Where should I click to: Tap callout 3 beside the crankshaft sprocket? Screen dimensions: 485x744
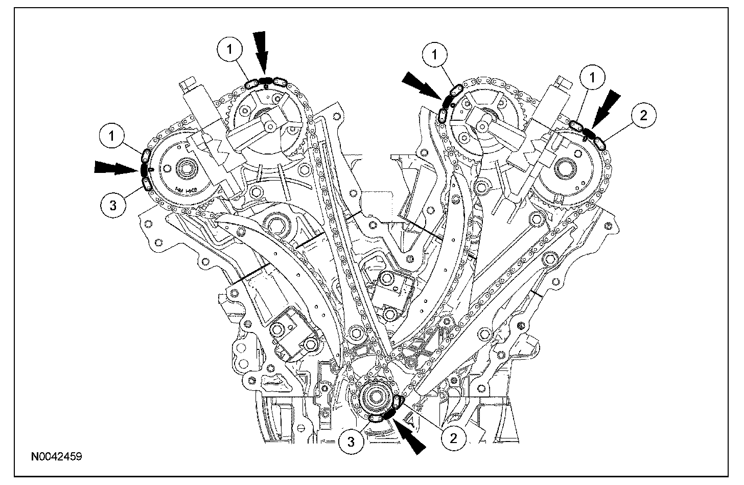tap(352, 442)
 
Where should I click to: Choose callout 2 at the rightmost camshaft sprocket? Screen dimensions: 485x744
tap(643, 116)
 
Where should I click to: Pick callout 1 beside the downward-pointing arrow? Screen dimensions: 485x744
tap(230, 49)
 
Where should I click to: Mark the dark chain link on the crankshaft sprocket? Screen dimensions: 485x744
tap(392, 411)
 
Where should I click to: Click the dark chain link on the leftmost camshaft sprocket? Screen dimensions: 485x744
tap(144, 168)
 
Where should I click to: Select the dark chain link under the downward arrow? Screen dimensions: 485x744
tap(266, 80)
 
